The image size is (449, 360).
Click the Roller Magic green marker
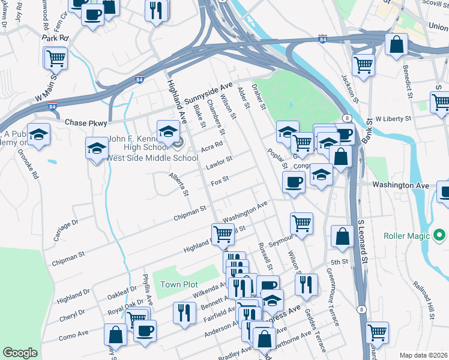(x=439, y=236)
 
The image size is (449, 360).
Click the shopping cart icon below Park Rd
(x=55, y=59)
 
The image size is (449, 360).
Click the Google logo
(x=20, y=353)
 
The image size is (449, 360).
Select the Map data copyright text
(x=423, y=355)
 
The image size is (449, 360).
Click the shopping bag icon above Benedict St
(x=396, y=44)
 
